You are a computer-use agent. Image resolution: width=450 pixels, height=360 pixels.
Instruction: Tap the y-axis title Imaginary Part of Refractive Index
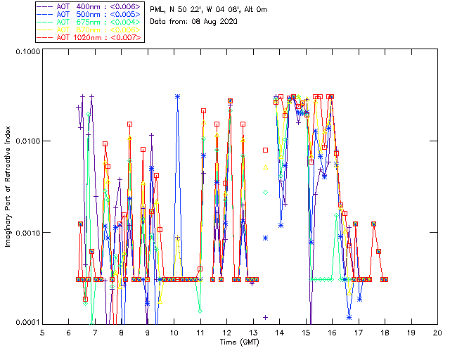(x=10, y=186)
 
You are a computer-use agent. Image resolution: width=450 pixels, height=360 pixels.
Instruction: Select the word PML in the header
(x=157, y=9)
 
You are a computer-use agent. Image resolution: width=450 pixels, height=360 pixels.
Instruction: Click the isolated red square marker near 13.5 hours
(x=266, y=150)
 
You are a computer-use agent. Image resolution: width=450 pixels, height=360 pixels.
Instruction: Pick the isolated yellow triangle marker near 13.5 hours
(x=266, y=167)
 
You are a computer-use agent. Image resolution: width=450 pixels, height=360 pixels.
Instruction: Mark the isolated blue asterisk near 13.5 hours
(x=266, y=238)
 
